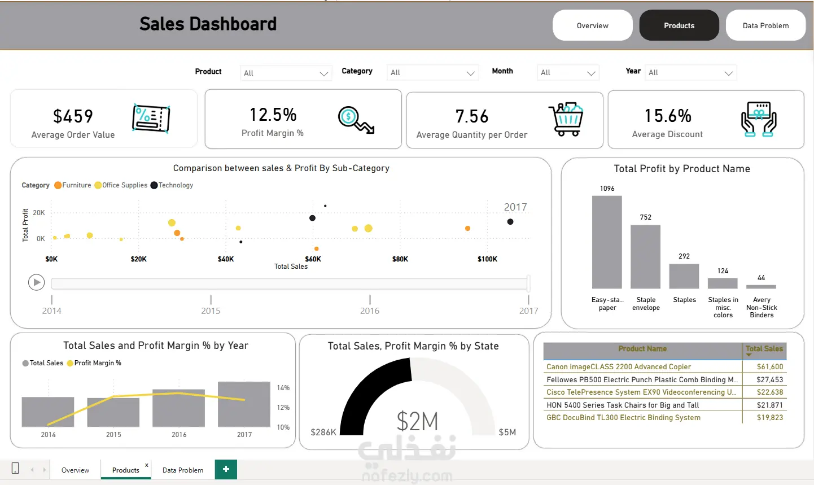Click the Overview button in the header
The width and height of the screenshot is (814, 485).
(592, 25)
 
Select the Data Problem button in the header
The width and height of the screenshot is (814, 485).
(765, 25)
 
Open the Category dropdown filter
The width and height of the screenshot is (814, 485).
(432, 73)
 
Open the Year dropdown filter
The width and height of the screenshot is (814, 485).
(690, 73)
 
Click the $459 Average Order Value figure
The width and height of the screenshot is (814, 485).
(73, 116)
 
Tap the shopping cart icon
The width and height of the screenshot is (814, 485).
(566, 119)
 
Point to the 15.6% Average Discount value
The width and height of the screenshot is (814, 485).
(668, 116)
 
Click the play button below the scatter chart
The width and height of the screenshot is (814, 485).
(36, 282)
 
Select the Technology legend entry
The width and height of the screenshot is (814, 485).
(172, 185)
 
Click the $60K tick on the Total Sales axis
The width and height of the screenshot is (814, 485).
(313, 259)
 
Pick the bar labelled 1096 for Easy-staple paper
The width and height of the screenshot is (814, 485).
(607, 242)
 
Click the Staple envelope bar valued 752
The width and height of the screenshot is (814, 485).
(645, 257)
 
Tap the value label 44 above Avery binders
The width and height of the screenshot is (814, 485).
(762, 278)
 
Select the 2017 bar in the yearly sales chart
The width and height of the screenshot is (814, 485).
(244, 404)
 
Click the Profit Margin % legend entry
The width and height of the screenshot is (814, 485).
(94, 363)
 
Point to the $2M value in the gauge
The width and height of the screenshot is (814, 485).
(417, 421)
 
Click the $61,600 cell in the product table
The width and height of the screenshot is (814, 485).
(769, 367)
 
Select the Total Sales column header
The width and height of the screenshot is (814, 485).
(764, 349)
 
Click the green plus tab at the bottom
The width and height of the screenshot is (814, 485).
(226, 469)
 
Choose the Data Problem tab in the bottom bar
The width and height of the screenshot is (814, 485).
(183, 470)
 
